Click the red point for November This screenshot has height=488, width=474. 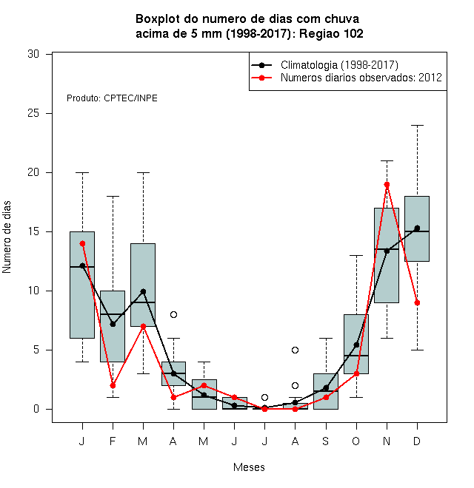point(387,185)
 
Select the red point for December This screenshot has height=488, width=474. point(417,303)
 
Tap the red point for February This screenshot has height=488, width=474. point(113,386)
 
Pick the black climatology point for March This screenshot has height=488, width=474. point(143,291)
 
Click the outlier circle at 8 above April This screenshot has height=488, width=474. point(174,315)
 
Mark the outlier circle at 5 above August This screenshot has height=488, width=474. point(295,350)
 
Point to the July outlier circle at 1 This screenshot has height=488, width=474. point(264,398)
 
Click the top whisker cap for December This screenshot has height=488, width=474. point(417,126)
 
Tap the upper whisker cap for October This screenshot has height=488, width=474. point(356,256)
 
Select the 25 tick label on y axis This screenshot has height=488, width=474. point(33,113)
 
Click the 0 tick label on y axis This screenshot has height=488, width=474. point(36,409)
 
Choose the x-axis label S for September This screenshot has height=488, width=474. point(326,441)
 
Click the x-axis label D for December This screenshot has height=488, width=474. point(417,441)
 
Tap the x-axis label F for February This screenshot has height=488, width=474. point(113,441)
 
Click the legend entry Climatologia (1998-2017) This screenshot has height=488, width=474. point(339,65)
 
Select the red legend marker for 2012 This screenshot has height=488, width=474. point(261,78)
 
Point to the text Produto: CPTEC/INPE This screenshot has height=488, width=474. point(112,98)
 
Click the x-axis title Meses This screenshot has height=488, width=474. point(249,467)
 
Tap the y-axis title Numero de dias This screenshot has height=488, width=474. point(7,237)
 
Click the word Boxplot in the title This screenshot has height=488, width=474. point(158,19)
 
